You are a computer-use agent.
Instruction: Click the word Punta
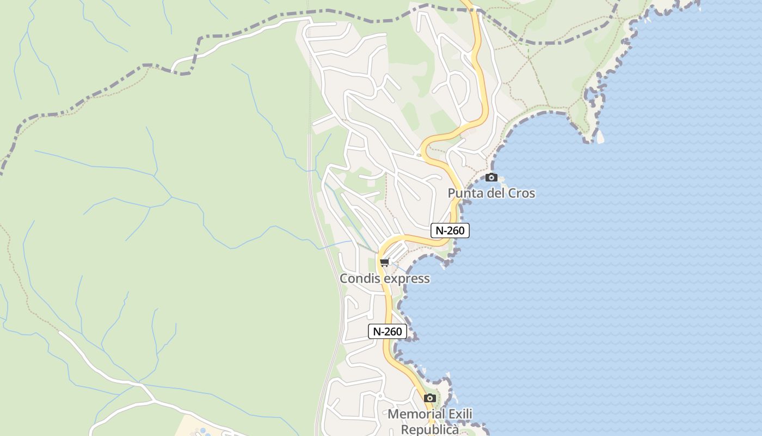click(x=466, y=193)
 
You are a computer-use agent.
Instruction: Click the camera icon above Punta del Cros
click(x=491, y=177)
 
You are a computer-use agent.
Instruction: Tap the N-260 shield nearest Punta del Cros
click(x=450, y=231)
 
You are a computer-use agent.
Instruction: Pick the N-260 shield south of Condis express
click(x=388, y=331)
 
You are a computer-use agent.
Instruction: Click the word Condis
click(x=359, y=278)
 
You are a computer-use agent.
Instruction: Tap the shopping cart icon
click(x=385, y=263)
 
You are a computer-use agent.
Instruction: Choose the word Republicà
click(x=430, y=429)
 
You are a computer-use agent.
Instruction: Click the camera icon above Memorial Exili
click(x=430, y=398)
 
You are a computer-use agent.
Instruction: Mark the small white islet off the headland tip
click(x=600, y=138)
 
